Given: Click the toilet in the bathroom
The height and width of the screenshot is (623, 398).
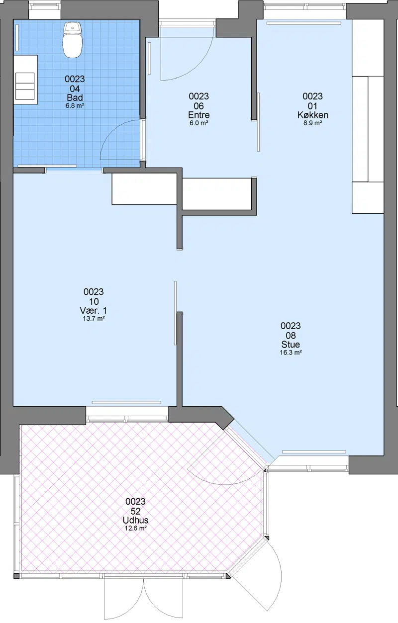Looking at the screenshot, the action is pos(73,40).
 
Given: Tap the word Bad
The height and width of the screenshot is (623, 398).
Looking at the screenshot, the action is pos(75,97).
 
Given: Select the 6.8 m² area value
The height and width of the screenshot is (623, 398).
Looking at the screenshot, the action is pos(75,106).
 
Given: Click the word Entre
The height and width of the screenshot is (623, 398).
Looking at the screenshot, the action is pos(199,115).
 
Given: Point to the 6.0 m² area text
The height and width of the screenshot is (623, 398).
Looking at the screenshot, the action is pos(199,123).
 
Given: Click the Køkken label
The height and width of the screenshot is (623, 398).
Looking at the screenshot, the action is pos(312,115).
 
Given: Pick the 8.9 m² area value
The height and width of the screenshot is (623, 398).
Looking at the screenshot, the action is pos(312,123).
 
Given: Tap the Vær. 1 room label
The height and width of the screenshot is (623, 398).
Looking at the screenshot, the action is pos(93,310).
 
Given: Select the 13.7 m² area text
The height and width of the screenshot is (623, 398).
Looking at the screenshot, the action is pos(94,318).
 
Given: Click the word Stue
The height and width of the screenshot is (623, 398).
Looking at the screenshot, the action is pos(291,345).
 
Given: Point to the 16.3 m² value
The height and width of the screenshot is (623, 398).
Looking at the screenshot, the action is pos(291,353).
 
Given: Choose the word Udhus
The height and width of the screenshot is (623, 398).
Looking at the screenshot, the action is pos(135,520).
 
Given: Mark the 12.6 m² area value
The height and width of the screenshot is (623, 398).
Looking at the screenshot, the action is pos(135,528).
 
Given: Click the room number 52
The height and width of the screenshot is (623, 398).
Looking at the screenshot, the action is pos(135,511).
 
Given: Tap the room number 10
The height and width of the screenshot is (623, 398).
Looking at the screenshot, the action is pos(94,301).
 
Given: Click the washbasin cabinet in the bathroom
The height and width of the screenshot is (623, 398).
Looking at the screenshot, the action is pos(25,80).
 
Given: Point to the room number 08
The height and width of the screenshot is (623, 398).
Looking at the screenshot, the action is pos(291,335).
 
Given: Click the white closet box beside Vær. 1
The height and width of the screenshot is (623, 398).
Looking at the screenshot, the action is pos(144,189).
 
